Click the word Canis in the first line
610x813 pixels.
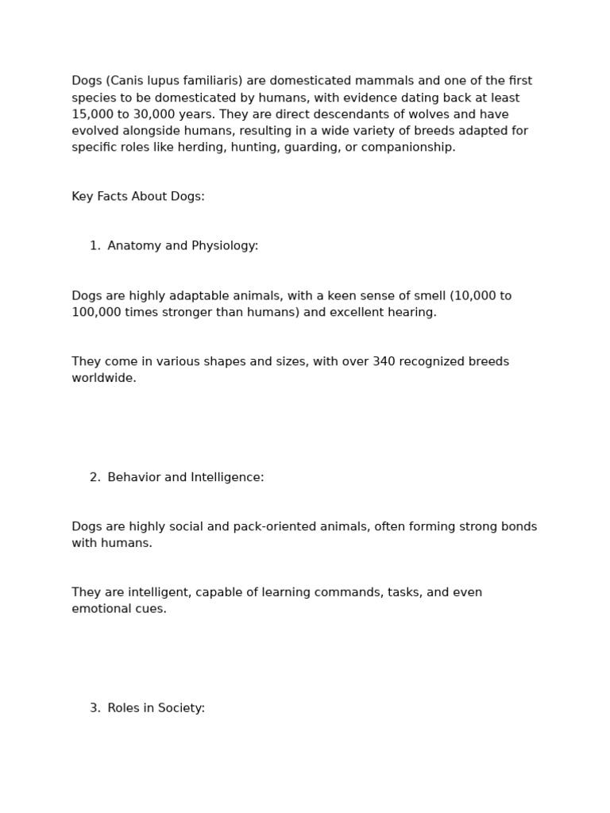[x=125, y=81]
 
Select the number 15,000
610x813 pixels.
[x=92, y=114]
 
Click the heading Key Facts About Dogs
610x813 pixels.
[x=138, y=196]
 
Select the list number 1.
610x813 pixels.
[x=95, y=246]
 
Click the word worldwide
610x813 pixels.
[x=103, y=379]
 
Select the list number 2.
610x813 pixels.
[x=95, y=477]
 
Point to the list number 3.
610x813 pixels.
[x=95, y=708]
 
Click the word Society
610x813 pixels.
[x=182, y=708]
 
